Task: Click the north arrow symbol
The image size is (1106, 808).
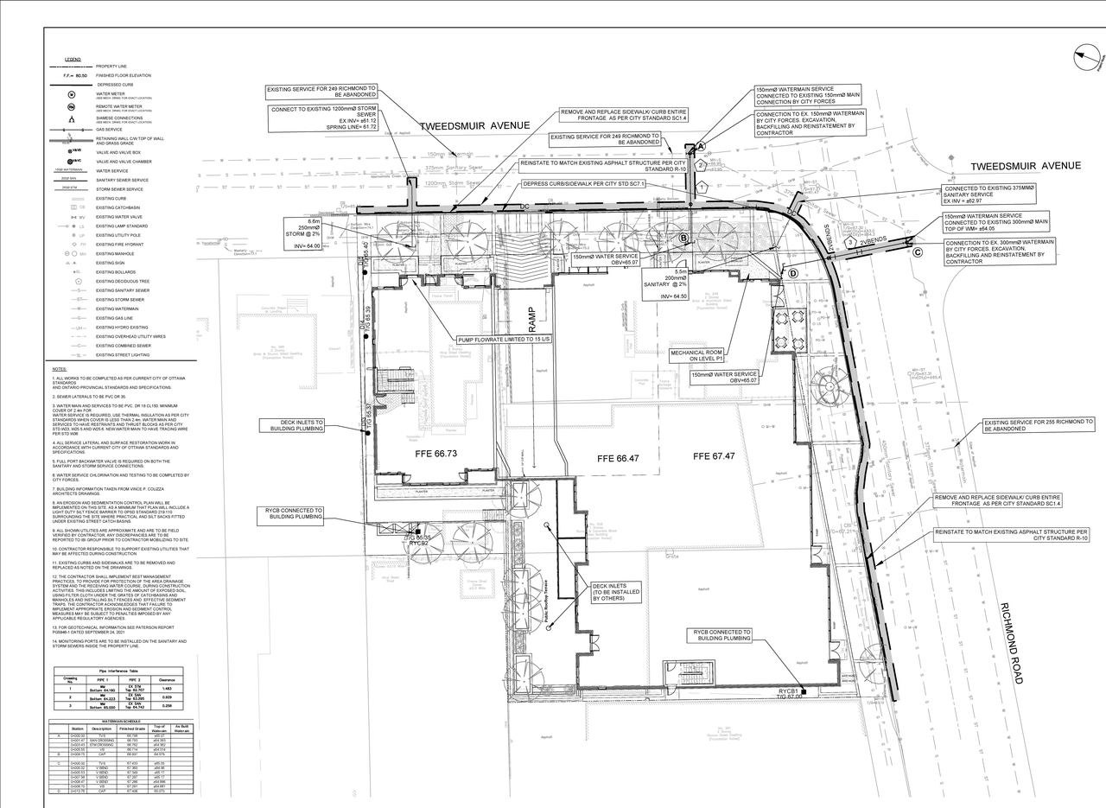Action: coord(1088,58)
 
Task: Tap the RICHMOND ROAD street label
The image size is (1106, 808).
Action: coord(1012,643)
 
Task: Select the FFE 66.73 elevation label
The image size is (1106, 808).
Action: coord(435,453)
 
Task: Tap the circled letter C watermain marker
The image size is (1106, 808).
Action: coord(917,252)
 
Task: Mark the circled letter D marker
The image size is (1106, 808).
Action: coord(791,273)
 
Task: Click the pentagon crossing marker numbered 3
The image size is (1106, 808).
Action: coord(851,243)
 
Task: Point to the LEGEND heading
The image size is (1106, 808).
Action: coord(73,60)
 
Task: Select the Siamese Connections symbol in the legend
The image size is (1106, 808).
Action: coord(73,119)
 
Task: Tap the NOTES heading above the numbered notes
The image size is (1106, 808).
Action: coord(60,369)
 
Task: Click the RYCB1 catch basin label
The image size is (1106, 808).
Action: coord(787,691)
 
